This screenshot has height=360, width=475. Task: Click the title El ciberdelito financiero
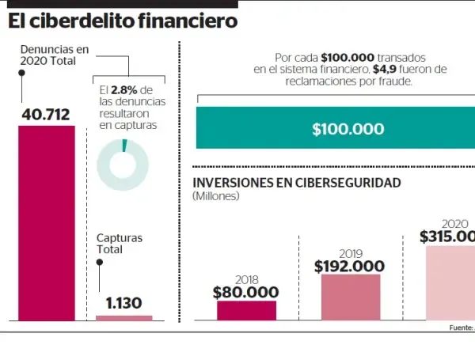point(123,21)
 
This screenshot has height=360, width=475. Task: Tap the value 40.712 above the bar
point(47,115)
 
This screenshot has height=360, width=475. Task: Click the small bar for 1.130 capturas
point(124,317)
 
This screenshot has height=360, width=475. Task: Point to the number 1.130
point(124,303)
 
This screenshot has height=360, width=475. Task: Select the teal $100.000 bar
point(336,128)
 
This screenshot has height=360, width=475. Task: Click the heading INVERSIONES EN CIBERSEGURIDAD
point(297,183)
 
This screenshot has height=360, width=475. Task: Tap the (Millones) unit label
point(216,196)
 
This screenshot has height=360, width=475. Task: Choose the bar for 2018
point(246,310)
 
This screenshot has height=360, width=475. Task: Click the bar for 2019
point(350,297)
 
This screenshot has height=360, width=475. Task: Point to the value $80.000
point(245,291)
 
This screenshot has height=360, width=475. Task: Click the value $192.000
point(350,266)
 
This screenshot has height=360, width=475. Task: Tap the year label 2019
point(350,253)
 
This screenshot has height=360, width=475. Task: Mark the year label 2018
point(246,279)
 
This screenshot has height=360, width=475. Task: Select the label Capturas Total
point(120,243)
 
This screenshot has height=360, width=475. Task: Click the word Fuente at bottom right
point(461,327)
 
